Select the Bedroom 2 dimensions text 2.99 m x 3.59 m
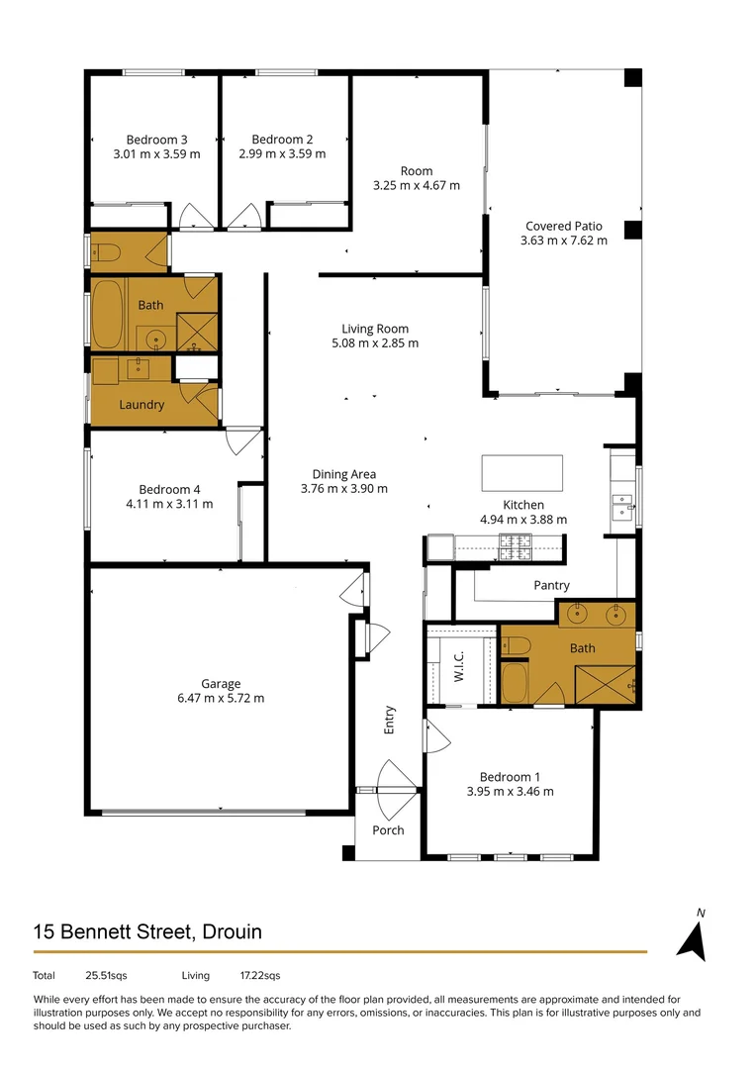(x=282, y=154)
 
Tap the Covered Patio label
(x=563, y=226)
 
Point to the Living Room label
(x=374, y=329)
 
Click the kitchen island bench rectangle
(x=521, y=473)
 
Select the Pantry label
(x=551, y=586)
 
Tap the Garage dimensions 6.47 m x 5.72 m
(x=221, y=698)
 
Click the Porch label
(x=388, y=830)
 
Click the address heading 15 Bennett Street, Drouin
(x=147, y=932)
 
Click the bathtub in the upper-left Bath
(x=106, y=314)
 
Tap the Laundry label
(x=142, y=405)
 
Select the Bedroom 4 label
(x=169, y=489)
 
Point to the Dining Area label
(x=343, y=473)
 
